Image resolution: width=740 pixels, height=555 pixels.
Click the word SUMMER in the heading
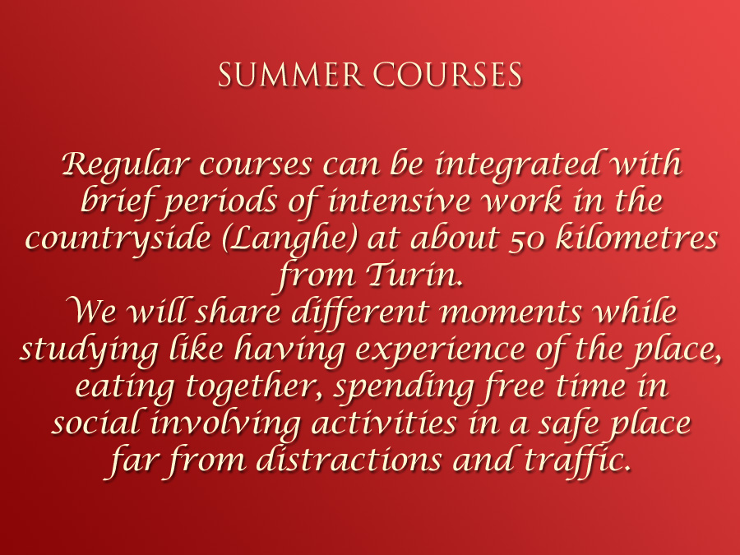pos(290,75)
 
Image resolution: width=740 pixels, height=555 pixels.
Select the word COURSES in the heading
pos(448,75)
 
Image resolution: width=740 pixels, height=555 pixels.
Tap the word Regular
pos(126,165)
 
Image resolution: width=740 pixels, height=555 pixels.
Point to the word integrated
pos(518,165)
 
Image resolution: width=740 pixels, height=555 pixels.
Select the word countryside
pos(118,238)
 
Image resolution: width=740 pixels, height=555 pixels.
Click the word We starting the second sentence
pos(94,312)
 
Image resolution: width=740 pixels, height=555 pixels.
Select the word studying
pos(89,350)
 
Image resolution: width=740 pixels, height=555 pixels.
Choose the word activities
pos(384,423)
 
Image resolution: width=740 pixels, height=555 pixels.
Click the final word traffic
pos(578,459)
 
